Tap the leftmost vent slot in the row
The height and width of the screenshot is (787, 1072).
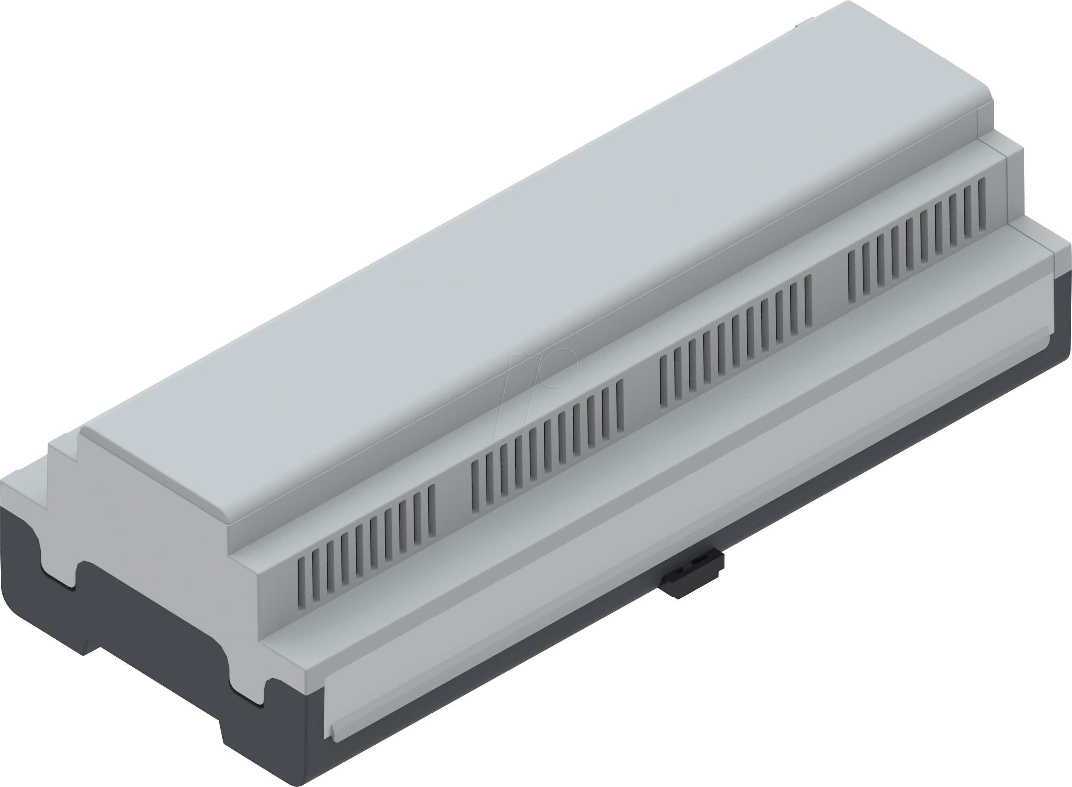click(301, 584)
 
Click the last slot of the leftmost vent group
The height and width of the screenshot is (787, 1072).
click(432, 510)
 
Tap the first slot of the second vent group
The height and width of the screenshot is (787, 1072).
click(475, 486)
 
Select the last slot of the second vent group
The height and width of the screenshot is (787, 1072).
click(620, 405)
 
